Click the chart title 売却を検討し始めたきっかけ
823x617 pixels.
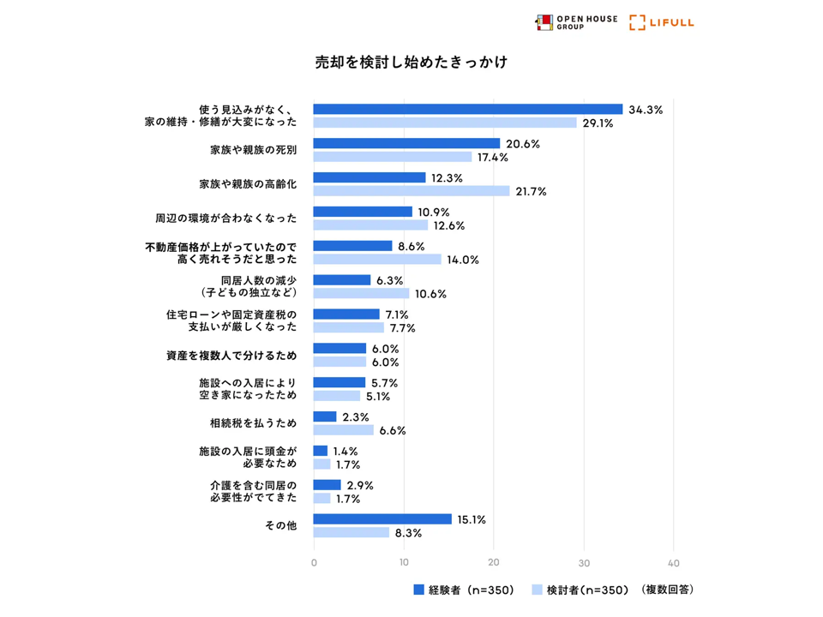(x=411, y=63)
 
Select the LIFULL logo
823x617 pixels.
(x=662, y=22)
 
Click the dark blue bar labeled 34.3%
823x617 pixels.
(x=467, y=110)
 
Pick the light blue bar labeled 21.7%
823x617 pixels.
(x=411, y=191)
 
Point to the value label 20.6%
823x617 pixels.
(x=522, y=144)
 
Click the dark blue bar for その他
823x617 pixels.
(x=382, y=519)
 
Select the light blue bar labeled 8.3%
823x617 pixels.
(x=351, y=533)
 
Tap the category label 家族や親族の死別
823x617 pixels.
(x=254, y=150)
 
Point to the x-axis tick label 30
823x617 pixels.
(x=584, y=563)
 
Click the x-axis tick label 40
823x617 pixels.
(x=674, y=563)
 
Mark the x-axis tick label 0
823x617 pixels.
(x=314, y=563)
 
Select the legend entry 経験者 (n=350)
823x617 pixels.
(x=463, y=590)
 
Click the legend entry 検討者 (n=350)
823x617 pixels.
(x=581, y=590)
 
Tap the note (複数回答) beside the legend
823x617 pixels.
(x=668, y=590)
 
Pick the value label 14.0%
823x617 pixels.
(x=463, y=260)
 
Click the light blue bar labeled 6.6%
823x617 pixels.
(x=344, y=430)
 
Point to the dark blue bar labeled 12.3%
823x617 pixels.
(x=369, y=177)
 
